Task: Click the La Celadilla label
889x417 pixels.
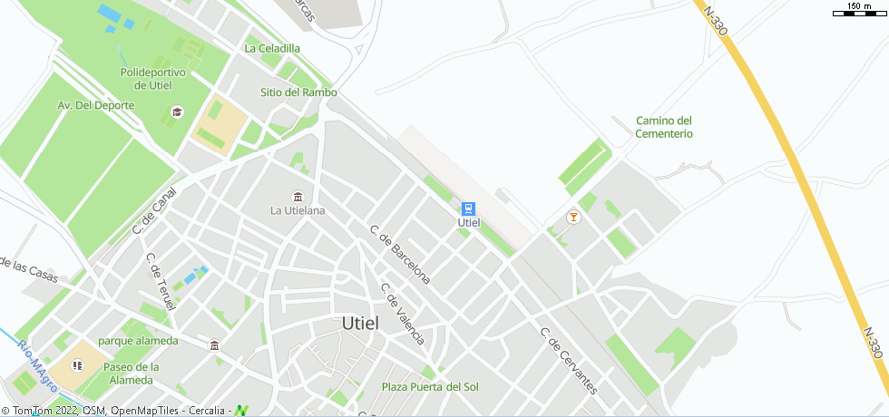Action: [x=272, y=48]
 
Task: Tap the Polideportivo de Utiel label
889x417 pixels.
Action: [x=152, y=79]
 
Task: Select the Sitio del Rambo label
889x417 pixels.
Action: [x=298, y=92]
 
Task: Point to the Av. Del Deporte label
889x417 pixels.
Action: [x=96, y=105]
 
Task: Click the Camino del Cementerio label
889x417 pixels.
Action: [x=664, y=127]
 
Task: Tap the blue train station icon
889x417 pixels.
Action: [x=468, y=208]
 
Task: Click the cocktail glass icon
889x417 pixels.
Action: [x=572, y=217]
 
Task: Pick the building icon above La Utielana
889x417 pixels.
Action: [x=297, y=197]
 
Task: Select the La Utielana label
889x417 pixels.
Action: [x=298, y=211]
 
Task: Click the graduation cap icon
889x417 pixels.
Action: [x=177, y=112]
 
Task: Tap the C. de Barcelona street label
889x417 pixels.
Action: [x=400, y=253]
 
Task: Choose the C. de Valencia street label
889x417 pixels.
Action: [x=403, y=314]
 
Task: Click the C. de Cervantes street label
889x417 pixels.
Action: [x=569, y=361]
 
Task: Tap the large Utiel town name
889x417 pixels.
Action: [x=367, y=323]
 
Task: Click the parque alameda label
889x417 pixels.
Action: [x=138, y=341]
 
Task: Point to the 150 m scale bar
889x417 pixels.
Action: [x=860, y=10]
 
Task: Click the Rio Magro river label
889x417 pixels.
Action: [x=36, y=365]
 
